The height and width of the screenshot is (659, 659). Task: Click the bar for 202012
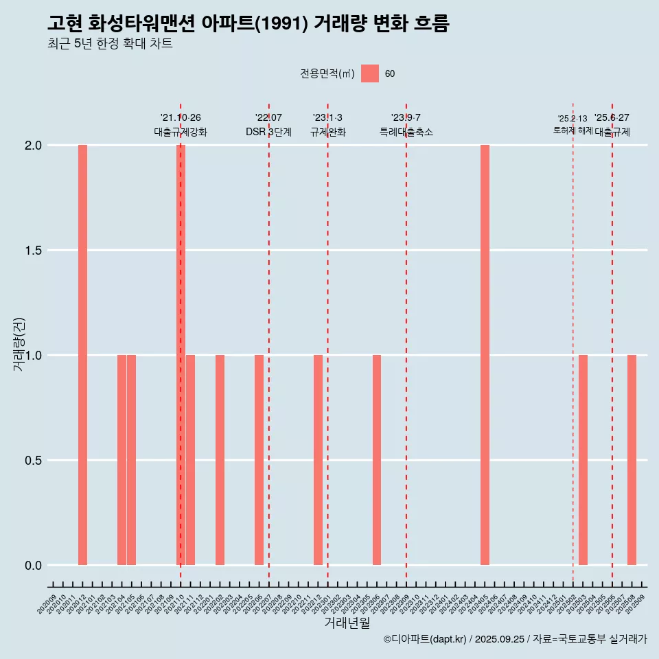click(82, 355)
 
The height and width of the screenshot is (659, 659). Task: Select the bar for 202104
click(122, 460)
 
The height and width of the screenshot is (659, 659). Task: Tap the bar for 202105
click(132, 460)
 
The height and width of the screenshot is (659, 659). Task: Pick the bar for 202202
click(220, 460)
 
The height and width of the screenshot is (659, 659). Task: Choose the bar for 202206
click(259, 460)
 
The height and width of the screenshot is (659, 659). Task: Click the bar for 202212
click(318, 460)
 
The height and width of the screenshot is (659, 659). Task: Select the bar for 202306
click(377, 460)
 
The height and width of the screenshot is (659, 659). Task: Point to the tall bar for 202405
click(485, 355)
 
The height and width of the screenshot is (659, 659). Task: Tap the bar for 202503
click(583, 460)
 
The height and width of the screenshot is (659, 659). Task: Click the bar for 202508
click(632, 460)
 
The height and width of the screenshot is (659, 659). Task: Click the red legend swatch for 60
click(370, 73)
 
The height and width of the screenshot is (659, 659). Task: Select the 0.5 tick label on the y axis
click(33, 461)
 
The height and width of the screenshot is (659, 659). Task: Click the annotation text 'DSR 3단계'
click(268, 132)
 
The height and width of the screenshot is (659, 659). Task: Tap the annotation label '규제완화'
click(327, 132)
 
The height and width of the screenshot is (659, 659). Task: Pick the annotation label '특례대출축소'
click(406, 132)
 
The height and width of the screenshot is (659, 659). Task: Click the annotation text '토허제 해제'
click(573, 130)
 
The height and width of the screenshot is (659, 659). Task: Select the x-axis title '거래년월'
click(347, 623)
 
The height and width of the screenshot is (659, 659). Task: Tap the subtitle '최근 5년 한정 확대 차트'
click(110, 44)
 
